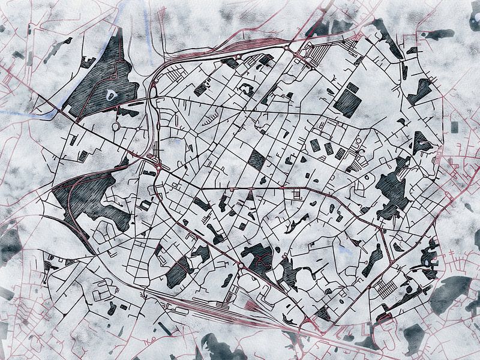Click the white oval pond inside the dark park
[110, 94]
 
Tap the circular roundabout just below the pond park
[116, 127]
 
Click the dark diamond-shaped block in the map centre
[257, 160]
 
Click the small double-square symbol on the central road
[296, 194]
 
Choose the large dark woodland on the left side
[90, 195]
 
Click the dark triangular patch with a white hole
[420, 143]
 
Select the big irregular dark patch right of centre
[393, 189]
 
